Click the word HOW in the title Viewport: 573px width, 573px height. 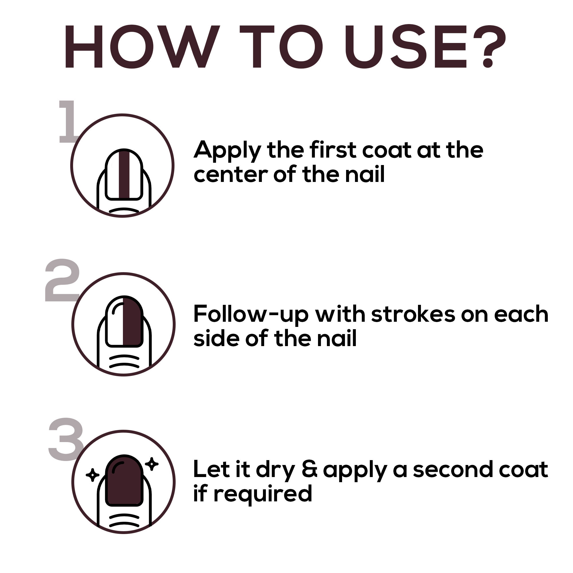(142, 47)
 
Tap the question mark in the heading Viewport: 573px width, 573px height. (489, 46)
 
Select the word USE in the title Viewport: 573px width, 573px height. (406, 47)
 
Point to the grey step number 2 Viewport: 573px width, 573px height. (62, 280)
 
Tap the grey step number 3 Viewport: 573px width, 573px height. (66, 439)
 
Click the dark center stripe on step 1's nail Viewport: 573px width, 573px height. (124, 175)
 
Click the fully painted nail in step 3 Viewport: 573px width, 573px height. (124, 480)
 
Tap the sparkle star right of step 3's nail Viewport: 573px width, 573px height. (152, 464)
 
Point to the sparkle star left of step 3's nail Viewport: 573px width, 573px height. (92, 475)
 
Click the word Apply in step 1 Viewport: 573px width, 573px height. (227, 151)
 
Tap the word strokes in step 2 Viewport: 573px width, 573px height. (413, 314)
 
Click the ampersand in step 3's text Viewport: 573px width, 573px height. (310, 469)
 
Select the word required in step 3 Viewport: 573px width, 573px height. (263, 494)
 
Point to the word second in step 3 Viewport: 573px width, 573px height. (453, 469)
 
